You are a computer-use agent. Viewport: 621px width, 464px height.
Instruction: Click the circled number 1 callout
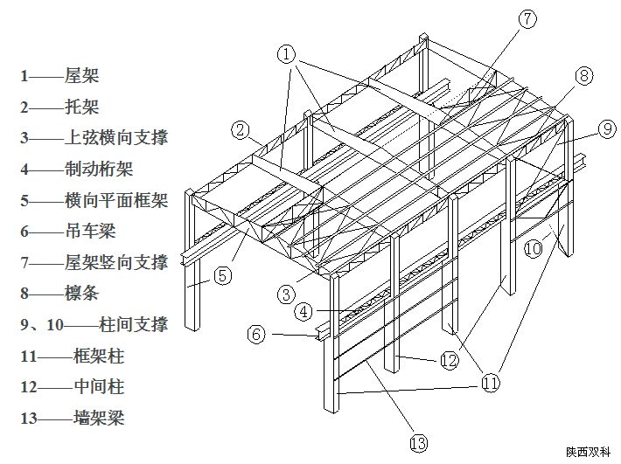[287, 54]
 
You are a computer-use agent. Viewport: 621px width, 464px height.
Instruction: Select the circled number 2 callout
[240, 130]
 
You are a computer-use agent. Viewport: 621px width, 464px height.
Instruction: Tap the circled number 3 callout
[287, 294]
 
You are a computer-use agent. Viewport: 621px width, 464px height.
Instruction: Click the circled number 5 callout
[222, 276]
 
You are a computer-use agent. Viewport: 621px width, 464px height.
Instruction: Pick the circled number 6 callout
[255, 333]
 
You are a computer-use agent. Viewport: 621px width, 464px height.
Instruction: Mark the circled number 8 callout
[584, 76]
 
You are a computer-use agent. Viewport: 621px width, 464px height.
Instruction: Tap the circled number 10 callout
[534, 248]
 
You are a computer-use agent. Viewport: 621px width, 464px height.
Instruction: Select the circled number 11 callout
[490, 381]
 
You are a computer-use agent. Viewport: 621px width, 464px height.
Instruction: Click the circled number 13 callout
[420, 443]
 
